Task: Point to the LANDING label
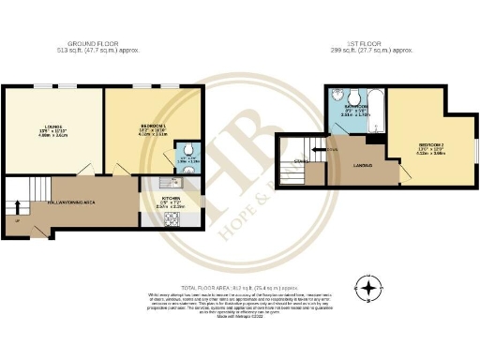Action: pyautogui.click(x=362, y=167)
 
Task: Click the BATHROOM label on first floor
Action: pyautogui.click(x=356, y=107)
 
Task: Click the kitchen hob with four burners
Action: pyautogui.click(x=172, y=220)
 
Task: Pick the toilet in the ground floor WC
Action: pyautogui.click(x=188, y=147)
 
